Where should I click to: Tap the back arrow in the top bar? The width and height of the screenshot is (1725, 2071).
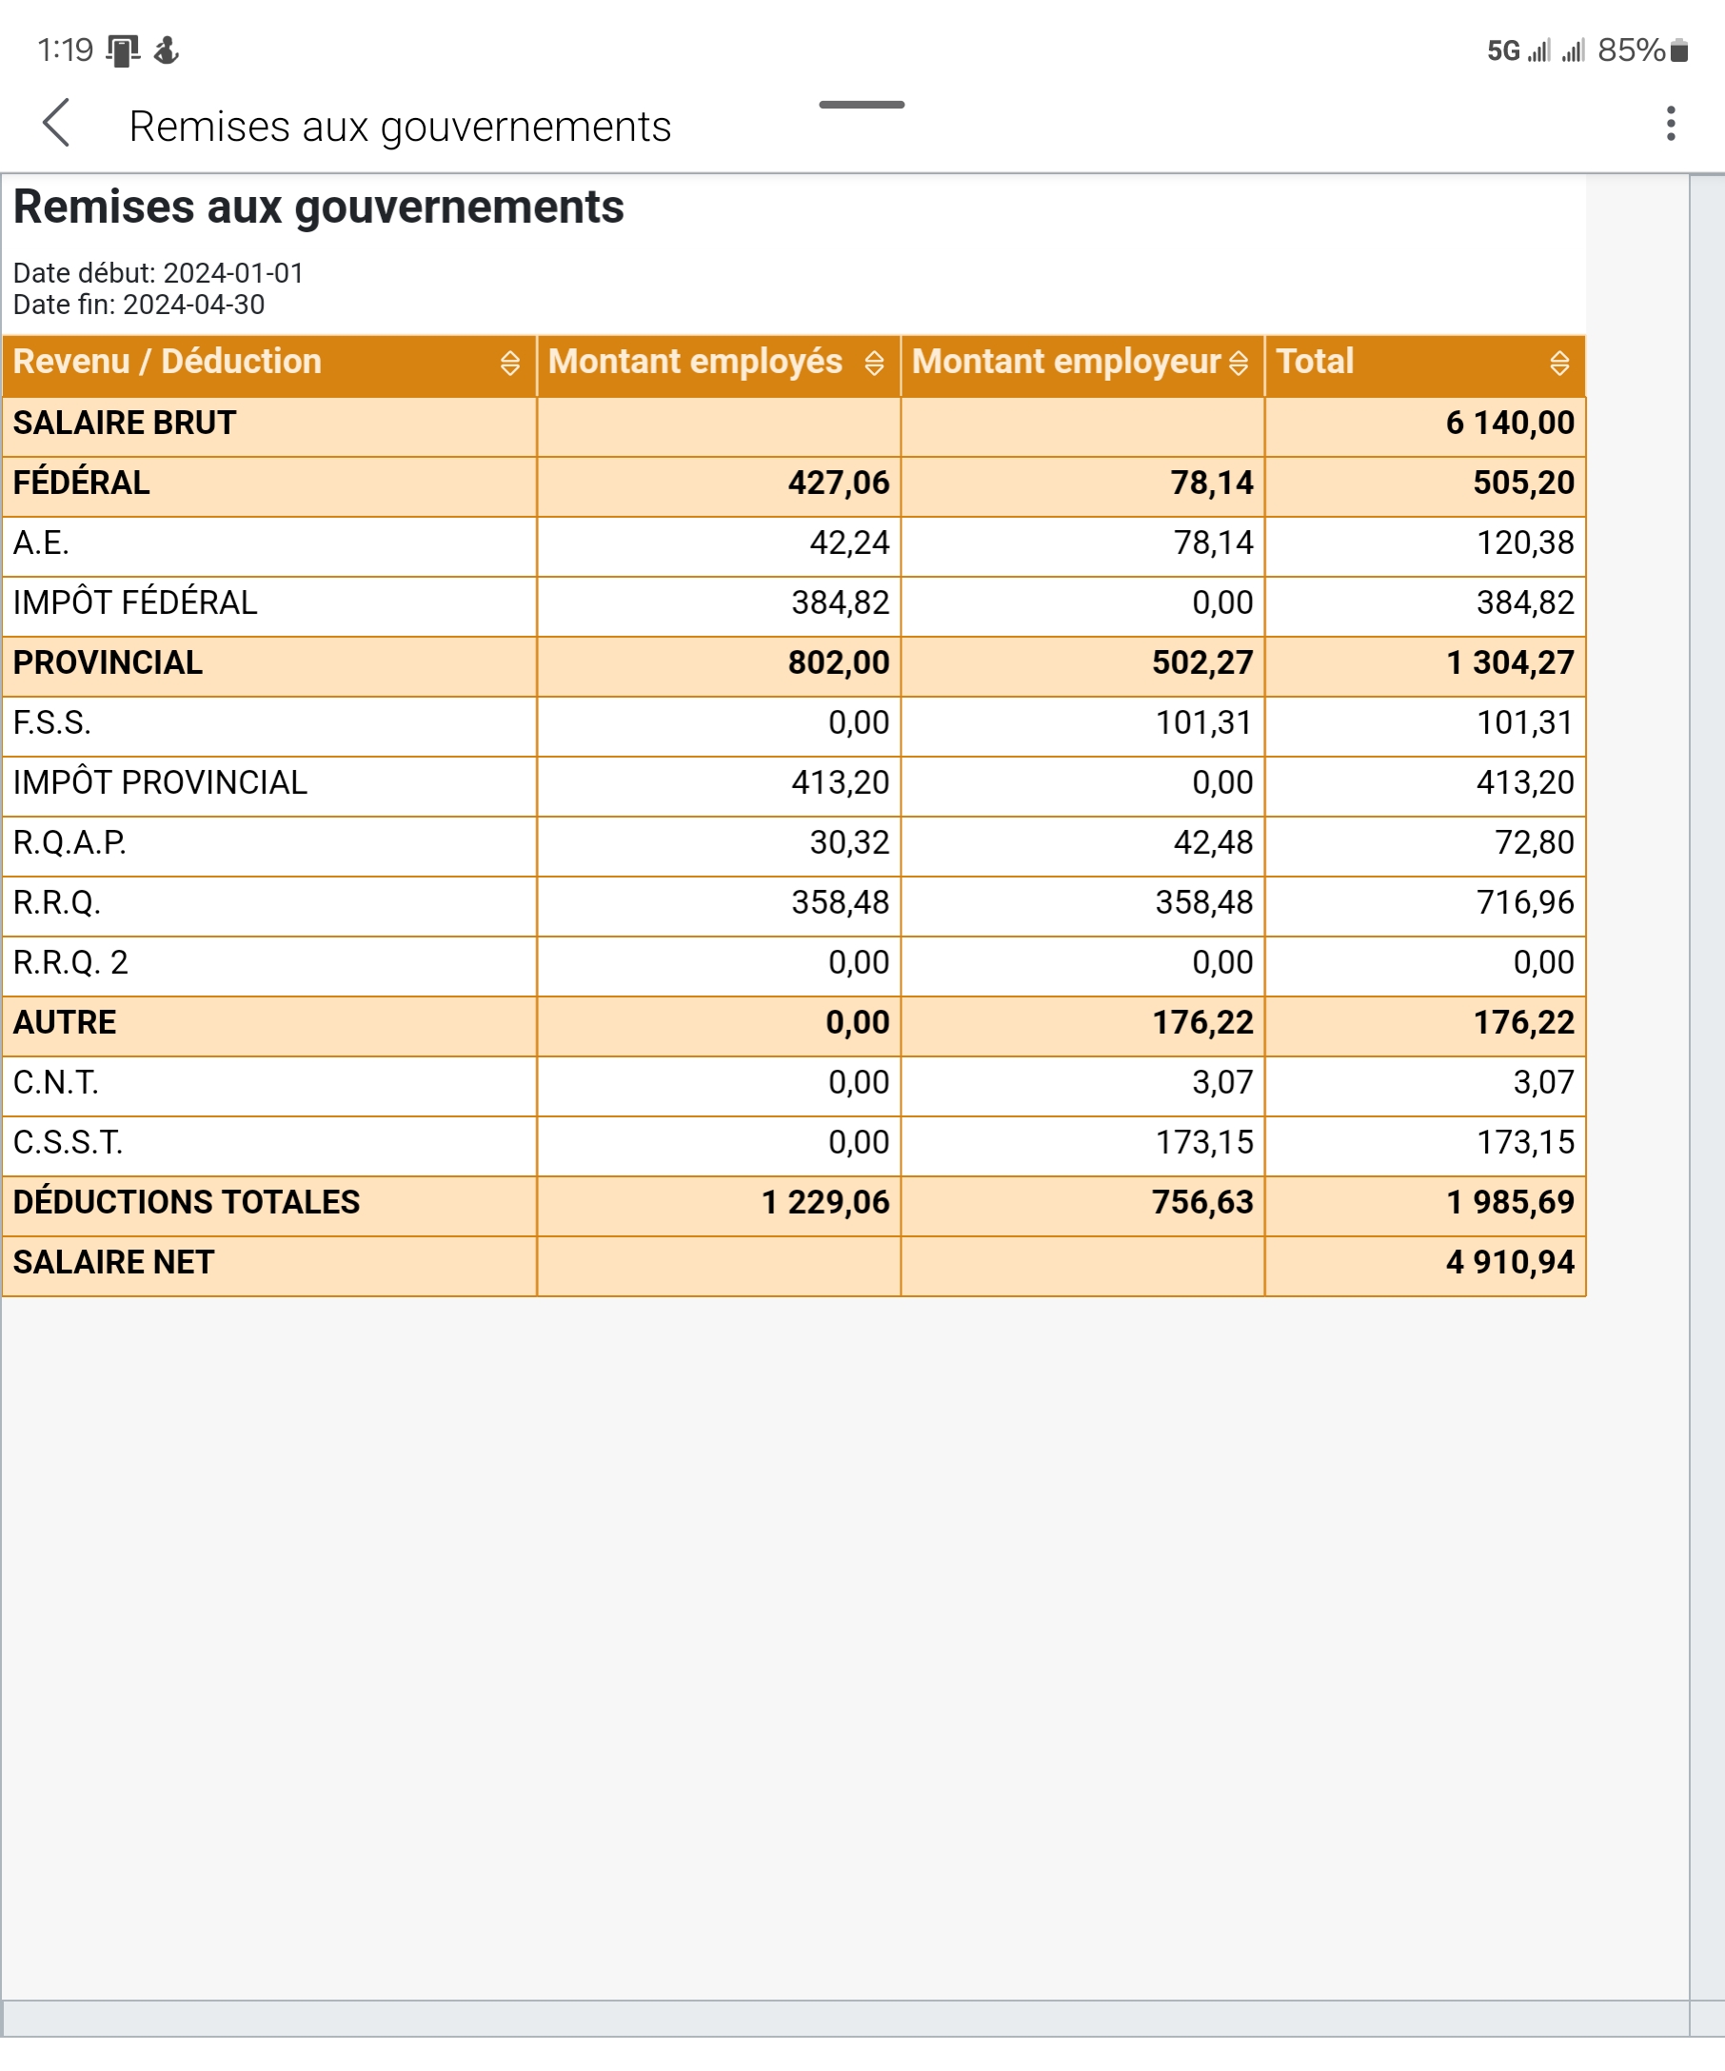pos(57,124)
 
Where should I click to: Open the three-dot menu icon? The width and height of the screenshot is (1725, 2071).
pos(1670,125)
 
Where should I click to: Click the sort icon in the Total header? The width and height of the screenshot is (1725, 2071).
pos(1558,363)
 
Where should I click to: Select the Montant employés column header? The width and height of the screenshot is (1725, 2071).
pos(695,362)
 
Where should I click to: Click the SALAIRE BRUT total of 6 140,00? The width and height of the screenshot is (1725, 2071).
pos(1509,424)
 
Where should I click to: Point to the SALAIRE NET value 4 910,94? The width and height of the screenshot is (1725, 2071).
pos(1509,1262)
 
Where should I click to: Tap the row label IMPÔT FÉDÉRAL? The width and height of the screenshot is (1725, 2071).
pos(135,602)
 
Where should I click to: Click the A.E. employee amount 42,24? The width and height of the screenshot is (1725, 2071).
pos(849,542)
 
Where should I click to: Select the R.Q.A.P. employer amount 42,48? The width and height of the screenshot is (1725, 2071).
pos(1212,842)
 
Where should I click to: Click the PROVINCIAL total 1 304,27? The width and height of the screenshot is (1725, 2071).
pos(1509,662)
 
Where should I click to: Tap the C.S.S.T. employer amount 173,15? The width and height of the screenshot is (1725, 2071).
pos(1203,1142)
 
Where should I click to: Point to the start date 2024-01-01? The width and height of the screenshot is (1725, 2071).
pos(233,273)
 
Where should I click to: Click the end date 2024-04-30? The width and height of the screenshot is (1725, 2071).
pos(193,305)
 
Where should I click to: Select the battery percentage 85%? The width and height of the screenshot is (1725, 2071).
pos(1631,50)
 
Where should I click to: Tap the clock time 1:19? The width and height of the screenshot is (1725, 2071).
pos(65,50)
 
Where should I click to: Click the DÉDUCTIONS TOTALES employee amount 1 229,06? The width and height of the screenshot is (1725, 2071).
pos(824,1202)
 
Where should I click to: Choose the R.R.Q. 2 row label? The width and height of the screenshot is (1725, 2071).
pos(70,962)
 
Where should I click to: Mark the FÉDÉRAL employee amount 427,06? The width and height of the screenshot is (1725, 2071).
pos(839,483)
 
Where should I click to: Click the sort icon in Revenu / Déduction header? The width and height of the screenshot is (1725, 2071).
pos(509,363)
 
